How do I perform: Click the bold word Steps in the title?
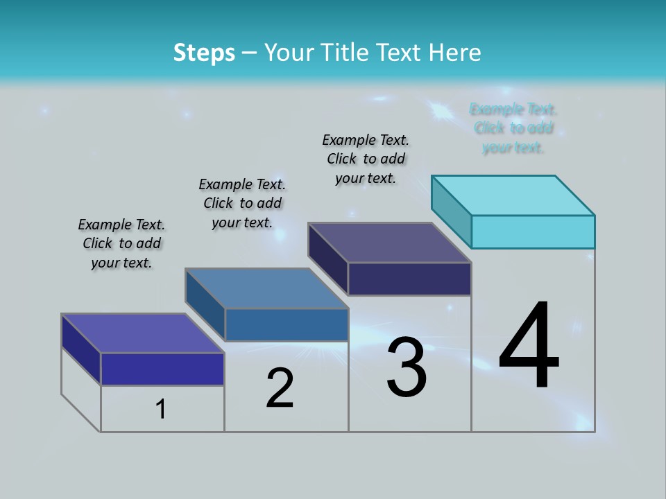[x=204, y=53]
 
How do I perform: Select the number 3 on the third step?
[x=407, y=367]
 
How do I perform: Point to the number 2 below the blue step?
[x=280, y=388]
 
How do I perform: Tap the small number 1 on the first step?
[x=161, y=410]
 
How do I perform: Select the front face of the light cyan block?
[x=533, y=231]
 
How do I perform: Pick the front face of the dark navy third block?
[x=409, y=279]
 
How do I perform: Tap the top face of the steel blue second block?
[x=267, y=288]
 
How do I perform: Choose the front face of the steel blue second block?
[x=287, y=325]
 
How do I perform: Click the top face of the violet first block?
[x=143, y=333]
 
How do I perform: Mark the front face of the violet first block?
[x=162, y=369]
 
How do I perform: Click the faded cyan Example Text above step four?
[x=513, y=128]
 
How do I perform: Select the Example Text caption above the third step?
[x=366, y=159]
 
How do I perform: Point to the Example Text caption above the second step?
[x=242, y=203]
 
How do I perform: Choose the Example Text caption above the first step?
[x=121, y=243]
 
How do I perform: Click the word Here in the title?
[x=455, y=53]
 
